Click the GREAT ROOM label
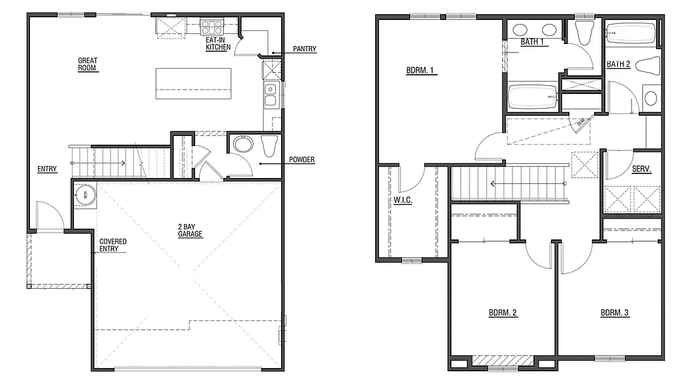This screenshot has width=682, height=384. [88, 65]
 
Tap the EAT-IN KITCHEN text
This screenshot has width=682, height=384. [218, 43]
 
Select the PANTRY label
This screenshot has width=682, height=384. [304, 49]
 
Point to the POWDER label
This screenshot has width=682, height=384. [302, 160]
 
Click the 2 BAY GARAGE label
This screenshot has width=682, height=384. [190, 230]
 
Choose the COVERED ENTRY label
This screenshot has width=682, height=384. [113, 245]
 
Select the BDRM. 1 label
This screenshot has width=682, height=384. [421, 71]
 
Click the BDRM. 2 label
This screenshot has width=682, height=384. [503, 312]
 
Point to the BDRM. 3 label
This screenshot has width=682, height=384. [614, 312]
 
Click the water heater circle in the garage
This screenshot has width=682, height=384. [84, 195]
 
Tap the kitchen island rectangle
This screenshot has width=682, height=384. [193, 83]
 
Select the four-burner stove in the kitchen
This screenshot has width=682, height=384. [212, 27]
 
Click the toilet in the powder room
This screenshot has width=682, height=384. [269, 145]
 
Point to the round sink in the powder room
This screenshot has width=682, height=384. [242, 146]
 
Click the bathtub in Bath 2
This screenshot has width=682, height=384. [631, 33]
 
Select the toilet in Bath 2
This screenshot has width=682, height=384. [648, 65]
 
